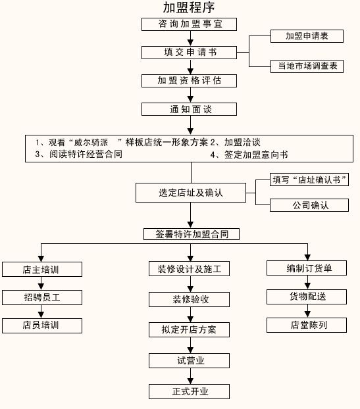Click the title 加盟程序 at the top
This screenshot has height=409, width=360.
click(x=189, y=8)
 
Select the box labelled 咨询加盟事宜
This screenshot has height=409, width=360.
click(x=190, y=24)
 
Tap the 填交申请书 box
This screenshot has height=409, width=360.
click(x=190, y=53)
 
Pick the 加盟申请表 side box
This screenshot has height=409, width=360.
click(x=307, y=36)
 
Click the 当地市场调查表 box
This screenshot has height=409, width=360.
click(x=307, y=66)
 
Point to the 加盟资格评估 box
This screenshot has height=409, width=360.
click(x=190, y=81)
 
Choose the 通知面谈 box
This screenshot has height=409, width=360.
click(x=190, y=109)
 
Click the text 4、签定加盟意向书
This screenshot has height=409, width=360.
click(x=249, y=155)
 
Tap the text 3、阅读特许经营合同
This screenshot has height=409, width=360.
click(x=79, y=154)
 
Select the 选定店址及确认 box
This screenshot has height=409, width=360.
click(x=191, y=193)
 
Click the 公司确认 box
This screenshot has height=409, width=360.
click(x=309, y=205)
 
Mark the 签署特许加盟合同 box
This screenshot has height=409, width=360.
click(x=192, y=234)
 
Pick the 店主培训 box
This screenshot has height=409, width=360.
click(x=42, y=270)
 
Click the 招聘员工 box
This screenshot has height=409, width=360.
click(x=42, y=298)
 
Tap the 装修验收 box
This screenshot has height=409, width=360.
click(x=190, y=299)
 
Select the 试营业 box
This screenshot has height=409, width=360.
click(x=190, y=361)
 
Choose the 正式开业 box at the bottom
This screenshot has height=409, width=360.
click(x=190, y=391)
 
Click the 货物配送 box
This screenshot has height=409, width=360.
click(x=307, y=297)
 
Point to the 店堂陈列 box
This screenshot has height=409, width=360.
click(x=307, y=325)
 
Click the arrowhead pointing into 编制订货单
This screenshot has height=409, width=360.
click(x=308, y=257)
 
